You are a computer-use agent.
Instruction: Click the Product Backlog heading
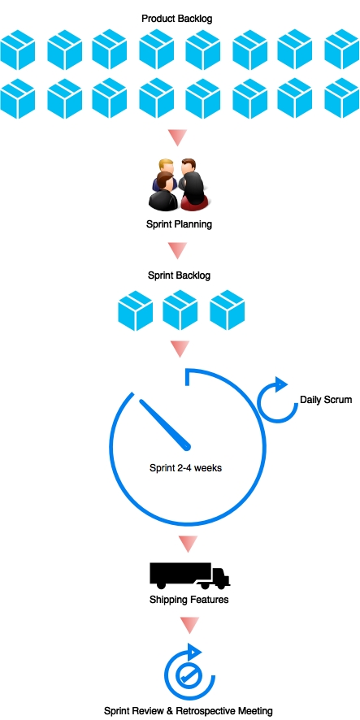tap(177, 19)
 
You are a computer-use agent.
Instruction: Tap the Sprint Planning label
tap(179, 224)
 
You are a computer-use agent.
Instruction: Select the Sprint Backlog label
tap(179, 275)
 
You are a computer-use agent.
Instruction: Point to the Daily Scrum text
tap(326, 400)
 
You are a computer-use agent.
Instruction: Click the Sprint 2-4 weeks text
tap(185, 468)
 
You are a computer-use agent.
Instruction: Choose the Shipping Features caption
tap(189, 600)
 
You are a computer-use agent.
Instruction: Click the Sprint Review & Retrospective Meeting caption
tap(189, 711)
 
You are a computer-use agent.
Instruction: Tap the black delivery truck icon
tap(189, 576)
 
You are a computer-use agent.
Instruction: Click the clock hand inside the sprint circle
tap(165, 424)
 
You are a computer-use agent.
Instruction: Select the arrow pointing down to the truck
tap(189, 544)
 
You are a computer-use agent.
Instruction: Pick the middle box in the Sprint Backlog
tap(180, 310)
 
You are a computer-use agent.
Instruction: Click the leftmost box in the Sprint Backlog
tap(136, 310)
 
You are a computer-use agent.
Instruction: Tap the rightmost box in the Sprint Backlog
tap(228, 310)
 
